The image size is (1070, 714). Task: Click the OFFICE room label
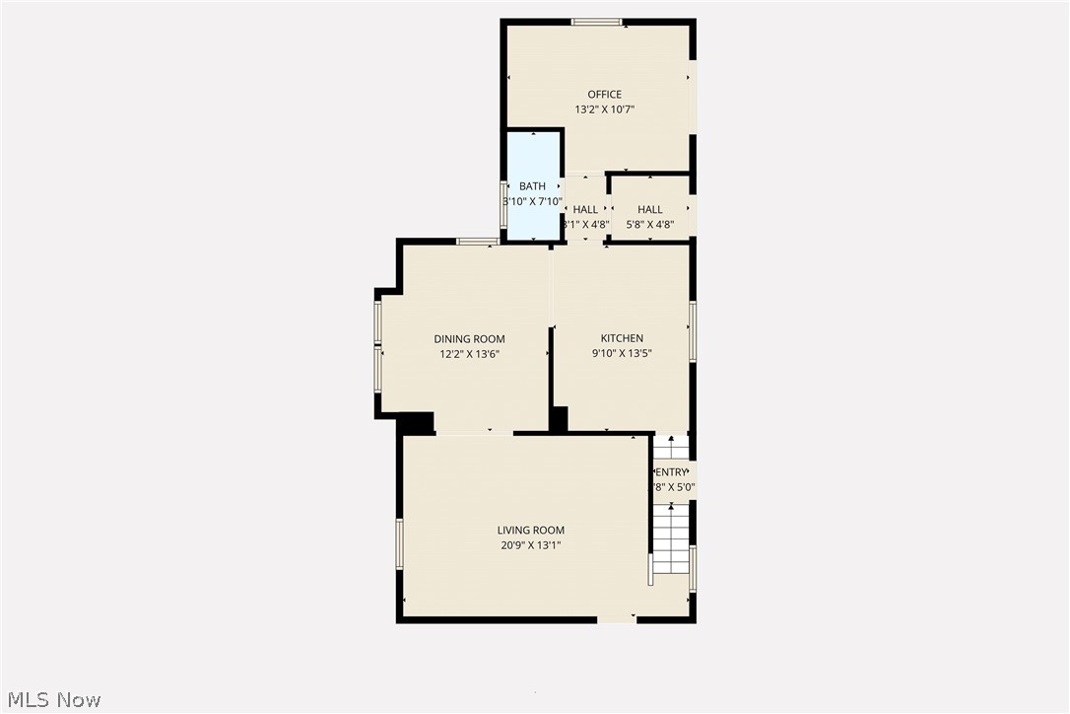click(605, 95)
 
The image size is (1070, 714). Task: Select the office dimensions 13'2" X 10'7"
click(605, 109)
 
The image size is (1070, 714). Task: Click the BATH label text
click(533, 186)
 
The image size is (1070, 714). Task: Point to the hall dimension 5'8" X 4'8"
click(650, 225)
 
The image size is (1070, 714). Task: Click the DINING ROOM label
click(470, 339)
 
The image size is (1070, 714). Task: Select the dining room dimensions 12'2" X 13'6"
click(470, 354)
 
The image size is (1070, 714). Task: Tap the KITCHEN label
click(622, 338)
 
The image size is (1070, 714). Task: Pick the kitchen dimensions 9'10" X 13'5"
click(622, 353)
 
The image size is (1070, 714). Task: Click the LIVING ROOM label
click(531, 531)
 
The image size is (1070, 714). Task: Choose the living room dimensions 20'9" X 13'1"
click(531, 545)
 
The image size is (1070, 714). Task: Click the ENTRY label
click(672, 472)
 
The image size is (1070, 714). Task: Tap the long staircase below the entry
click(671, 538)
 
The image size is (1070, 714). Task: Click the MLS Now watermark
click(51, 700)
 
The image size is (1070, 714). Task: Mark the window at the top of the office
click(597, 22)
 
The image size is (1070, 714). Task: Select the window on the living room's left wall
click(400, 544)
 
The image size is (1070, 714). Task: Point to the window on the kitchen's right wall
click(693, 331)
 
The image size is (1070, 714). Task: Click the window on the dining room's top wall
click(477, 242)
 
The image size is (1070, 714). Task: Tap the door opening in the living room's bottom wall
click(617, 620)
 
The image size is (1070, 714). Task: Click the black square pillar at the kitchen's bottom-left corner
click(559, 419)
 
